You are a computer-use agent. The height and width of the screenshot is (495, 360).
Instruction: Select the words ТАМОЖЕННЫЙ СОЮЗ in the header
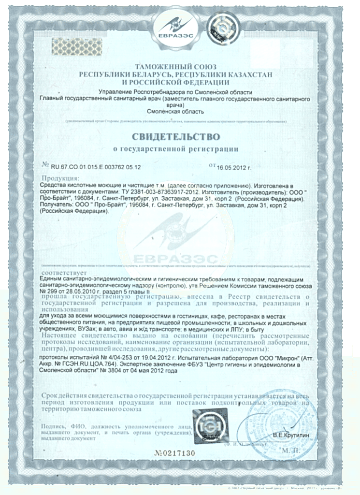pyautogui.click(x=175, y=66)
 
